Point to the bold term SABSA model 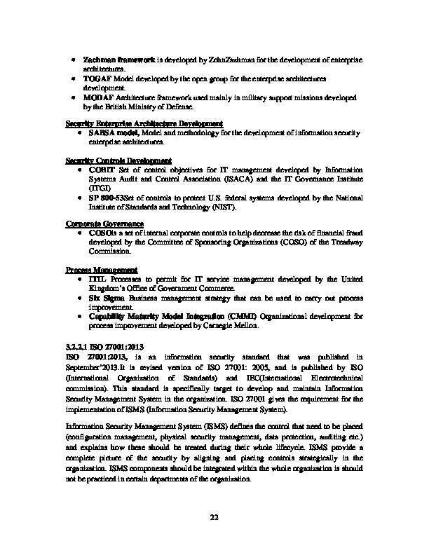click(114, 132)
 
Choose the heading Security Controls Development click(118, 160)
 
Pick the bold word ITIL click(97, 280)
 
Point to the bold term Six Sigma click(104, 298)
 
